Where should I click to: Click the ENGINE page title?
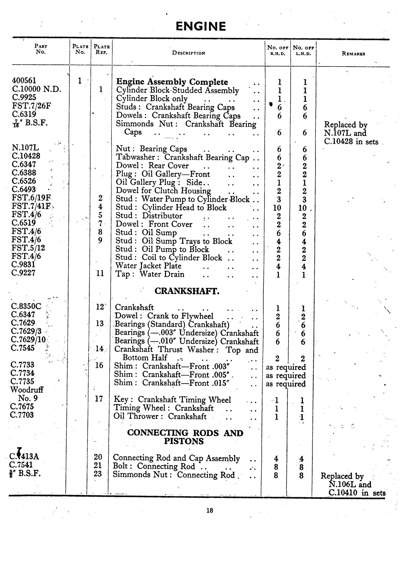[x=200, y=26]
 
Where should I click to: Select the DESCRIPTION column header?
[x=188, y=53]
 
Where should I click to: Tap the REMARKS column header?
[x=353, y=54]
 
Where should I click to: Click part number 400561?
[x=24, y=81]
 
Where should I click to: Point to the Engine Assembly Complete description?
[x=172, y=82]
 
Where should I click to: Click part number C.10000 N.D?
[x=36, y=89]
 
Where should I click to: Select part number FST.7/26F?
[x=31, y=106]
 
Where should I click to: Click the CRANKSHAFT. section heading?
[x=187, y=291]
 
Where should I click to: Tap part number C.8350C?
[x=26, y=306]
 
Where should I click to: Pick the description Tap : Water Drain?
[x=150, y=274]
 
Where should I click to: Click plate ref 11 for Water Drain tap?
[x=100, y=274]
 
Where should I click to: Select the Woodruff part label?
[x=27, y=390]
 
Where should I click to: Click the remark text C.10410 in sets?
[x=357, y=493]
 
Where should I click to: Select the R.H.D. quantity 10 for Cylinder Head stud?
[x=277, y=208]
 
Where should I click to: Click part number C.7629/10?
[x=28, y=340]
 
